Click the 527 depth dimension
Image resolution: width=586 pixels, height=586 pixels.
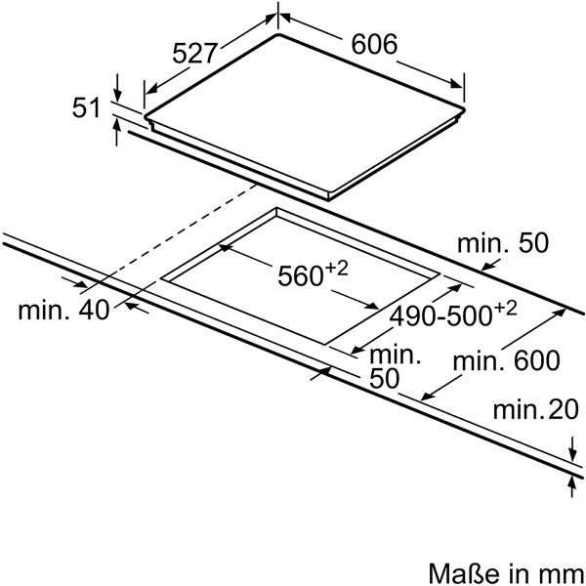click(x=194, y=53)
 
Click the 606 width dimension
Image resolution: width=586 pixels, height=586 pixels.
click(x=374, y=44)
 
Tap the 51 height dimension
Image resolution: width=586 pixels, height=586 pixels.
click(x=86, y=107)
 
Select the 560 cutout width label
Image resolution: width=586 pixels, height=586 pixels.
click(x=300, y=275)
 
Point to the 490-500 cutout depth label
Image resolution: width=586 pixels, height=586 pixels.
click(x=440, y=316)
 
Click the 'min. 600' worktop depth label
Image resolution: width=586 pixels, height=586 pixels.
click(x=506, y=360)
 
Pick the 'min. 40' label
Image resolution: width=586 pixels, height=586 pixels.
click(x=63, y=310)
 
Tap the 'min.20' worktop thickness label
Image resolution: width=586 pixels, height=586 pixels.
click(x=536, y=409)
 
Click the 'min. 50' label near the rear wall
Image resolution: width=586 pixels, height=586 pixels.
click(x=503, y=243)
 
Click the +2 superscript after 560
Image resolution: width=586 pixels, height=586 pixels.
click(x=336, y=269)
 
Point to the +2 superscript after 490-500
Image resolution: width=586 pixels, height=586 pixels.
click(x=505, y=309)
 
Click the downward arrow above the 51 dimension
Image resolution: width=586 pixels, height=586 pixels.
click(x=117, y=88)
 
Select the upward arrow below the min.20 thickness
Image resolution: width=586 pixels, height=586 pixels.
click(x=571, y=487)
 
